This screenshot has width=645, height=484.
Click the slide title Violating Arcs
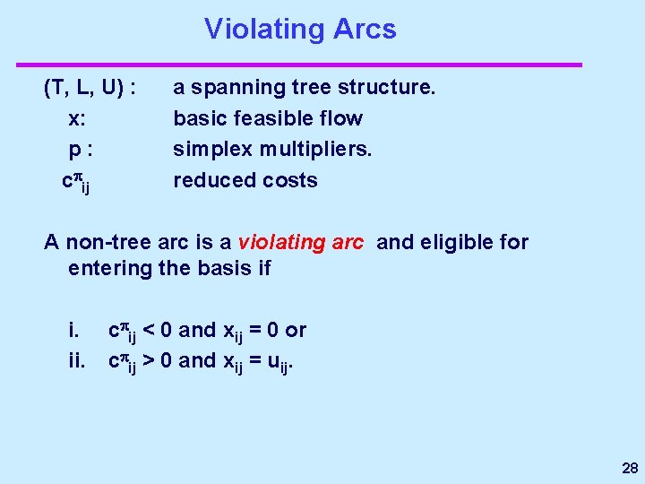click(x=300, y=29)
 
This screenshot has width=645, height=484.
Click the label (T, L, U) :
click(x=90, y=88)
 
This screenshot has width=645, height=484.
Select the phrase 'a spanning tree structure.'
click(x=305, y=88)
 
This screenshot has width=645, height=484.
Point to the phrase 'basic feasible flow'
click(x=268, y=118)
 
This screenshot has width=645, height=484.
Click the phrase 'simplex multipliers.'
click(x=272, y=149)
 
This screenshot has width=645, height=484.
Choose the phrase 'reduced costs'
click(x=245, y=180)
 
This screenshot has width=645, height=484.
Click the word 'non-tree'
click(x=102, y=242)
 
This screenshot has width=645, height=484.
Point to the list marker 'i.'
click(x=73, y=330)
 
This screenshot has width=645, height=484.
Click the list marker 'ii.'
click(x=76, y=360)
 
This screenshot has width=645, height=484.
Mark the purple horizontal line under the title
click(x=299, y=65)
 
